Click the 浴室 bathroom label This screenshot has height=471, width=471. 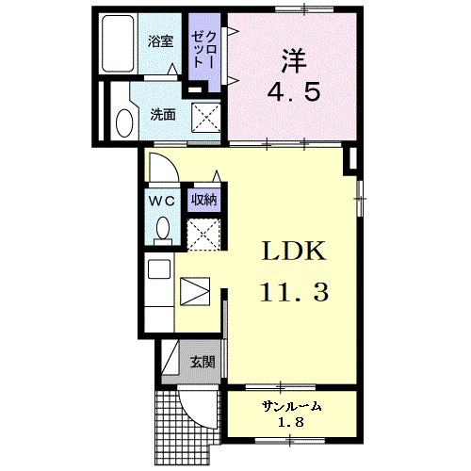click(161, 41)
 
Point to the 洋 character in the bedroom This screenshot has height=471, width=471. click(292, 57)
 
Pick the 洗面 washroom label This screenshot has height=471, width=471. click(162, 115)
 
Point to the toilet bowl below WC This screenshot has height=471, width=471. click(161, 228)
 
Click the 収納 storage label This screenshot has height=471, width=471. click(203, 199)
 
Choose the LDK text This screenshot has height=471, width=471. click(292, 252)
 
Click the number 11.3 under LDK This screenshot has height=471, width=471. click(293, 293)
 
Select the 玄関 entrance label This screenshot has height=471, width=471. click(202, 362)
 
